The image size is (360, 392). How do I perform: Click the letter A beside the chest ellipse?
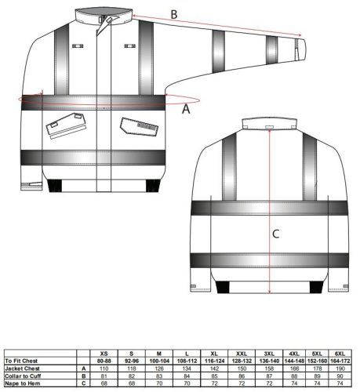(x=186, y=110)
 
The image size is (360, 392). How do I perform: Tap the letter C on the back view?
(x=275, y=233)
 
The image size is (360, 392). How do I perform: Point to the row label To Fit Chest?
(x=23, y=360)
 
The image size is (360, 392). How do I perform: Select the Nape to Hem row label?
(x=23, y=380)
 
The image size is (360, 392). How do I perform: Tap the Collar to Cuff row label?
(x=24, y=374)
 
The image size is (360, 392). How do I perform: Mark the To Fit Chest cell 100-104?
(x=159, y=360)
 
